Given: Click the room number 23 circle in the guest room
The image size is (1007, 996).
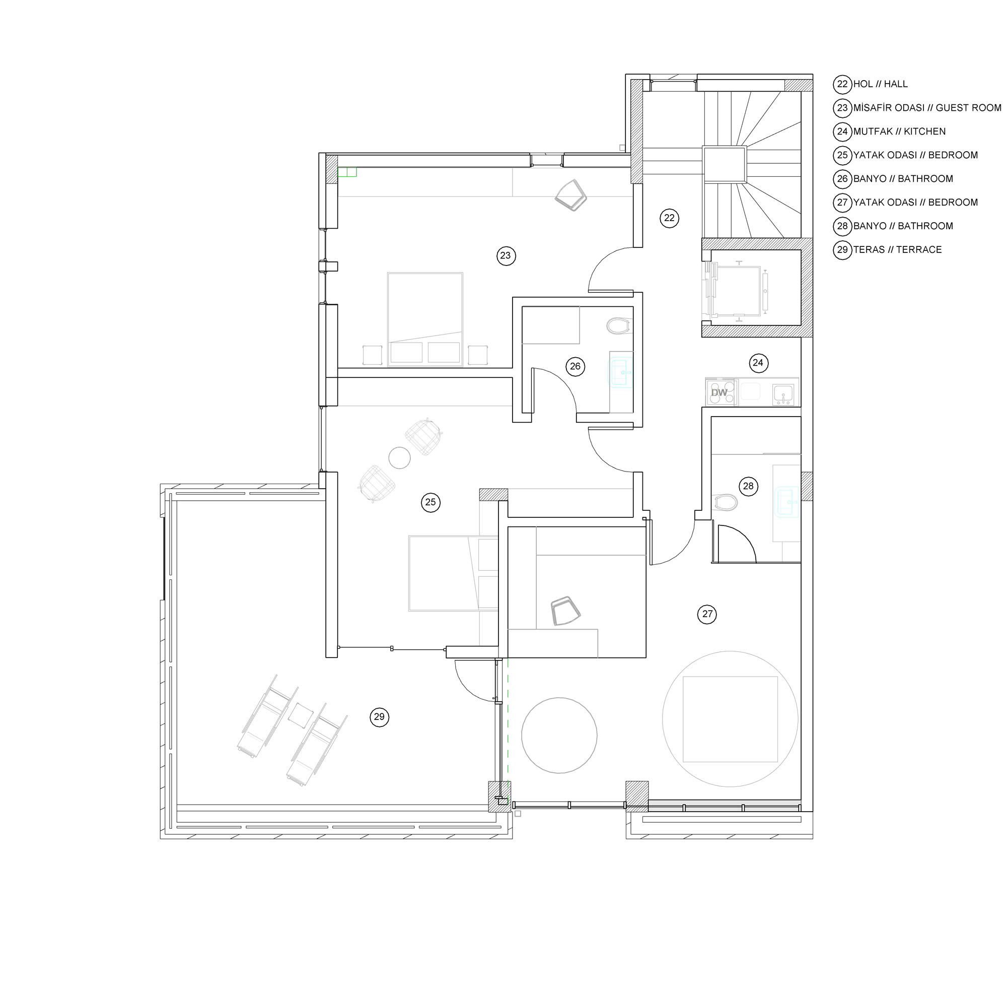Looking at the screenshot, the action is click(506, 255).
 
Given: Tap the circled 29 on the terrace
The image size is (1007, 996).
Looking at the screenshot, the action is click(379, 717).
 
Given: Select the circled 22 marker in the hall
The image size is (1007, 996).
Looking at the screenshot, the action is click(669, 218).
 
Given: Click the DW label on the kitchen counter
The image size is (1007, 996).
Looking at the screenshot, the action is click(720, 392).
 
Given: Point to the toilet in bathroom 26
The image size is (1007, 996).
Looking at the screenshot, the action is click(619, 326).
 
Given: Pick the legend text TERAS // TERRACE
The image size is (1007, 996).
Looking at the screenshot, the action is click(898, 250).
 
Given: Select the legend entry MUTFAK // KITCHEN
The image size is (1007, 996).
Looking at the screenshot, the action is click(899, 131).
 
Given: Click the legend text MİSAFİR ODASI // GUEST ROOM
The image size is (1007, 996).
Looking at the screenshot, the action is click(927, 108).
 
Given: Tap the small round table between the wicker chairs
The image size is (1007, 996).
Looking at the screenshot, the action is click(399, 458).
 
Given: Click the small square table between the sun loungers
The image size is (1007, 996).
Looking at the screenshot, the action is click(301, 715).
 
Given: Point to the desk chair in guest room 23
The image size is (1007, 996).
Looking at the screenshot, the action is click(571, 195).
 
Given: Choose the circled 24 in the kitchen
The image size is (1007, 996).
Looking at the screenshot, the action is click(758, 363).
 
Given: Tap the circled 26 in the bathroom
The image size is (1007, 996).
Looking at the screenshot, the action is click(575, 367).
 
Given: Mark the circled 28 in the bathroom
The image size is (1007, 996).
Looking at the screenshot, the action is click(748, 487).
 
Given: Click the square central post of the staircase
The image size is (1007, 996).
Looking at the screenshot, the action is click(725, 164).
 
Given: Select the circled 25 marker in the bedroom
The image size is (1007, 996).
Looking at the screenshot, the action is click(430, 502).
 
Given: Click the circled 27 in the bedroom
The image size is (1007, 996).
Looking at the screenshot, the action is click(707, 614).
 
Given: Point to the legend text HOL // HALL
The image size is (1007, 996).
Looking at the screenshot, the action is click(880, 84).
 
